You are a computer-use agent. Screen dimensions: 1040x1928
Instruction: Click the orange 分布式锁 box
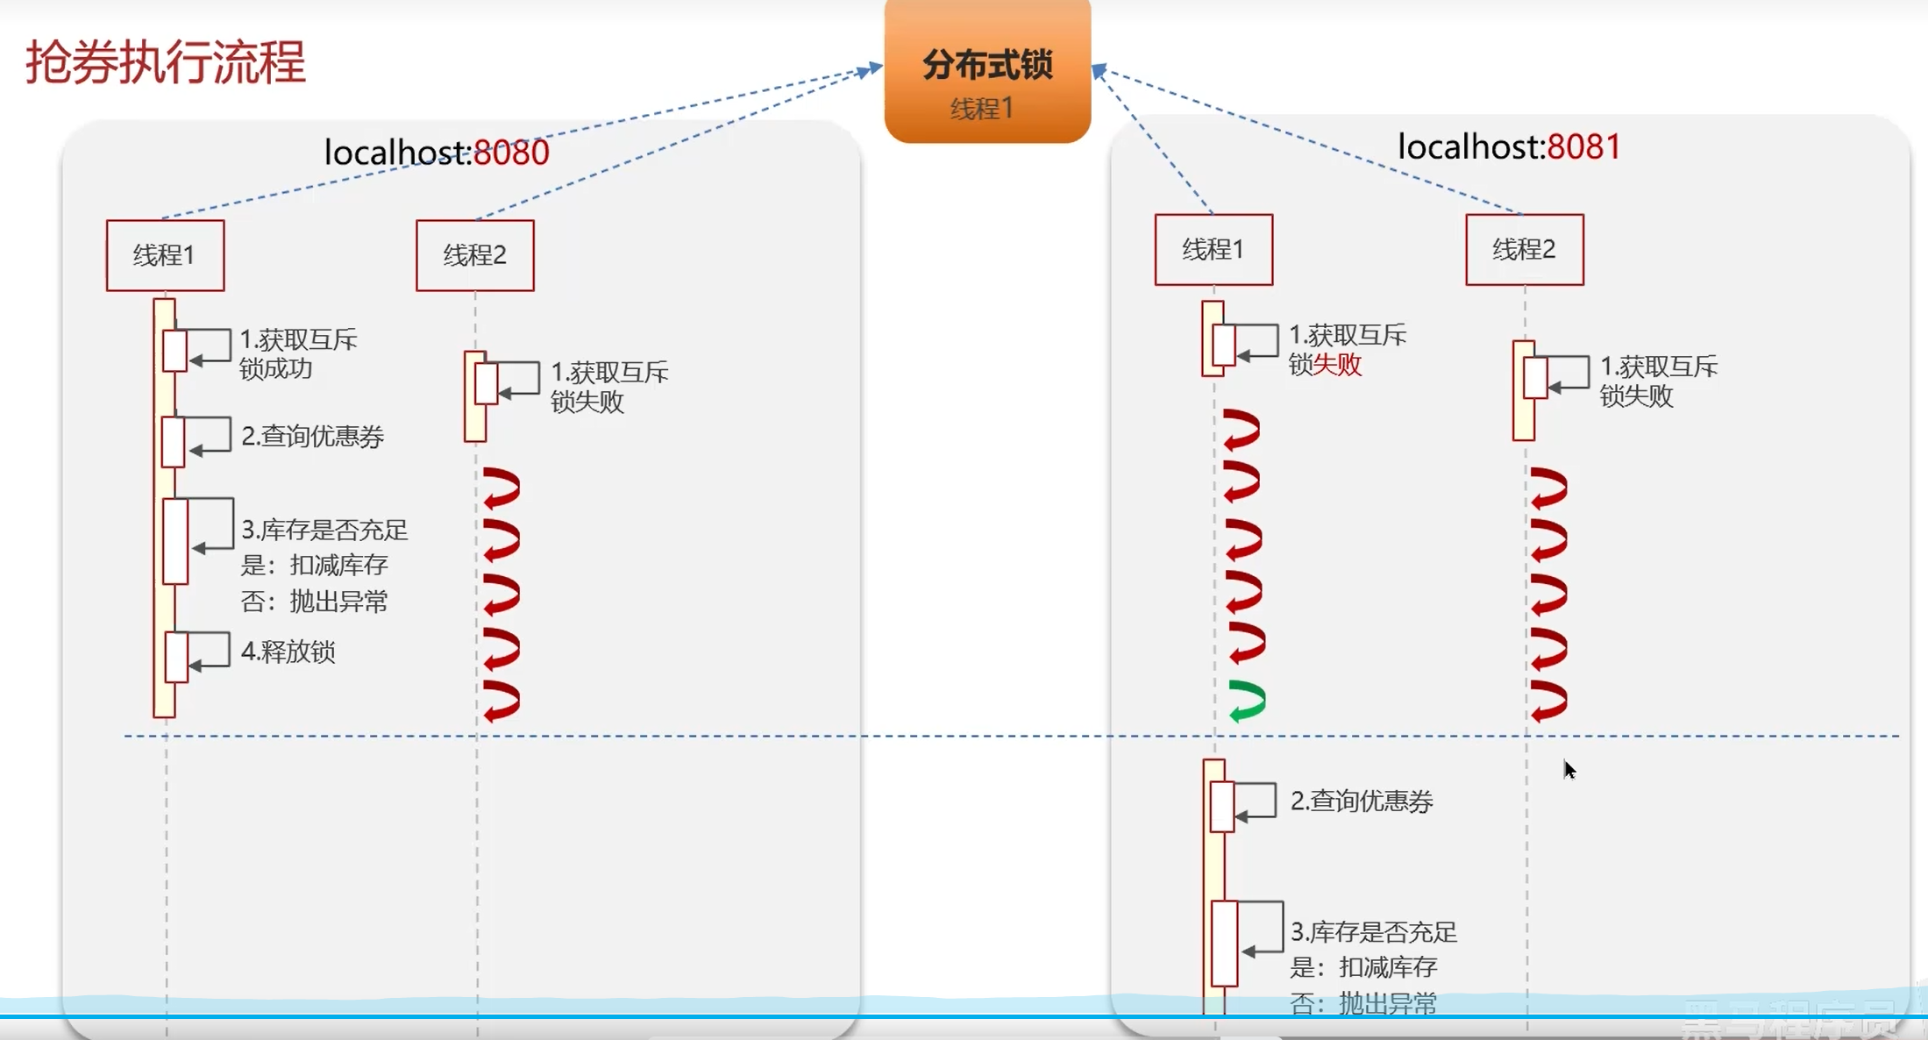(x=987, y=70)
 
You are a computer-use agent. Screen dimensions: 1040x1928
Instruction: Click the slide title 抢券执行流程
(x=165, y=62)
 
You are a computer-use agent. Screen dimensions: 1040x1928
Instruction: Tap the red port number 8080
(x=511, y=153)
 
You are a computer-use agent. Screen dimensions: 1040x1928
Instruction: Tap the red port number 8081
(x=1583, y=146)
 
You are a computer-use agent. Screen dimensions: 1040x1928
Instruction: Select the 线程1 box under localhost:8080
(x=165, y=255)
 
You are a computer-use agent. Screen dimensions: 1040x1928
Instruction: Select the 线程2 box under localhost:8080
(x=474, y=255)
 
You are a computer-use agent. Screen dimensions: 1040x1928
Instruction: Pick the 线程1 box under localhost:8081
(x=1213, y=250)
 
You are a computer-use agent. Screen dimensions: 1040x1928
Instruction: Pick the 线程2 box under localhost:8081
(x=1524, y=250)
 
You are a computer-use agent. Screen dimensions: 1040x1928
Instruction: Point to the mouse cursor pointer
(x=1569, y=769)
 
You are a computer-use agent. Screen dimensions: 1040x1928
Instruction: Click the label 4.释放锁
(x=288, y=652)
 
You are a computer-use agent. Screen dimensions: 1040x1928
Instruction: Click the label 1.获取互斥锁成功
(x=298, y=353)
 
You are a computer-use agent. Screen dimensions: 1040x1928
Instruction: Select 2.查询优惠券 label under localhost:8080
(x=312, y=436)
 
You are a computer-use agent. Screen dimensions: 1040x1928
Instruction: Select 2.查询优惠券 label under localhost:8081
(x=1361, y=801)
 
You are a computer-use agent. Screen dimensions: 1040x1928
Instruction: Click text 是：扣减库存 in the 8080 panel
(x=314, y=565)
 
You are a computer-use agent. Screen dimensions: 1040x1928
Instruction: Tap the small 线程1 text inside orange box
(x=982, y=109)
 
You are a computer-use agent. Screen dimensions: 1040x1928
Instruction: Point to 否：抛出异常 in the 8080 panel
(x=314, y=602)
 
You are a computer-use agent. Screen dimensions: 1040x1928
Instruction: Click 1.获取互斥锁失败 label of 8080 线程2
(x=608, y=387)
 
